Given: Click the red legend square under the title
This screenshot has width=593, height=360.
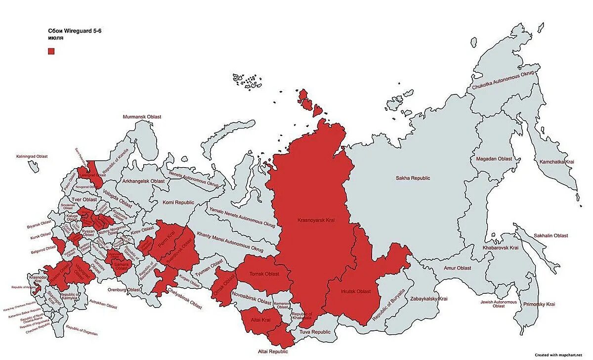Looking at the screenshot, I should coord(51,51).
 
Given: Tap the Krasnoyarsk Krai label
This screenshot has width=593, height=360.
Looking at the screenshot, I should coord(316,220).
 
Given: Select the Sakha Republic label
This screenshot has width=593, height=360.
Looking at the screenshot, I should coord(413,178).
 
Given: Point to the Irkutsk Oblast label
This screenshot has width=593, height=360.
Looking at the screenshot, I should coord(355,292).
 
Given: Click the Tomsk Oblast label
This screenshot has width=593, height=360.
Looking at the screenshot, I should coord(264,274).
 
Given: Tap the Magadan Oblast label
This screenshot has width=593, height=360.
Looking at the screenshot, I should coord(494,159).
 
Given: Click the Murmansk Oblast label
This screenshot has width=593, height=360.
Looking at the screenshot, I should coord(142,117).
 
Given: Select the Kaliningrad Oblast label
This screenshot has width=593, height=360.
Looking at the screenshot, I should coord(31,156).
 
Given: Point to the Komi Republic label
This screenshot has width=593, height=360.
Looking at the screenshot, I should coord(178,203).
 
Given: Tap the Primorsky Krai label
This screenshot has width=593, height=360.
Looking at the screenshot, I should coord(540,304).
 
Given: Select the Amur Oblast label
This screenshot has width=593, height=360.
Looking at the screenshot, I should coord(457,268).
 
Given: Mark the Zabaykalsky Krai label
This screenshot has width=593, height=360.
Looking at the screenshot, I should coord(428,299).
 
